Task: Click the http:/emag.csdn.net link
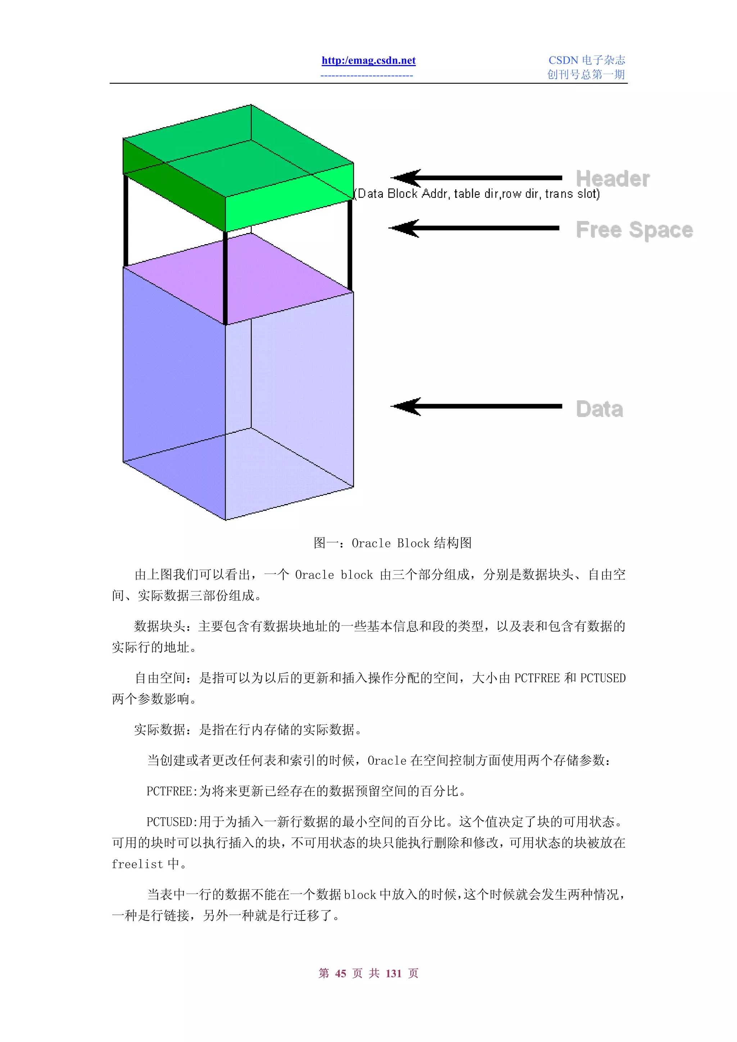pyautogui.click(x=368, y=60)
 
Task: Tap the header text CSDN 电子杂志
pyautogui.click(x=586, y=60)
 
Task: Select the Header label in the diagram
pyautogui.click(x=612, y=178)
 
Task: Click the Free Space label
pyautogui.click(x=634, y=230)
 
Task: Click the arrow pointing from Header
pyautogui.click(x=477, y=178)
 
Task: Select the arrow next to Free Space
pyautogui.click(x=475, y=228)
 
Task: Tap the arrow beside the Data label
pyautogui.click(x=477, y=406)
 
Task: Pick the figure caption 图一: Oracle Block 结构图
pyautogui.click(x=392, y=543)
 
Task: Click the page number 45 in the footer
pyautogui.click(x=340, y=973)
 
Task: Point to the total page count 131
pyautogui.click(x=393, y=973)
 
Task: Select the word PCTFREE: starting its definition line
pyautogui.click(x=172, y=791)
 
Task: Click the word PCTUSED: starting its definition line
pyautogui.click(x=172, y=822)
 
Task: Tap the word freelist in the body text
pyautogui.click(x=137, y=864)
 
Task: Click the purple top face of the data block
pyautogui.click(x=238, y=278)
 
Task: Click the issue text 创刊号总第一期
pyautogui.click(x=586, y=74)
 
